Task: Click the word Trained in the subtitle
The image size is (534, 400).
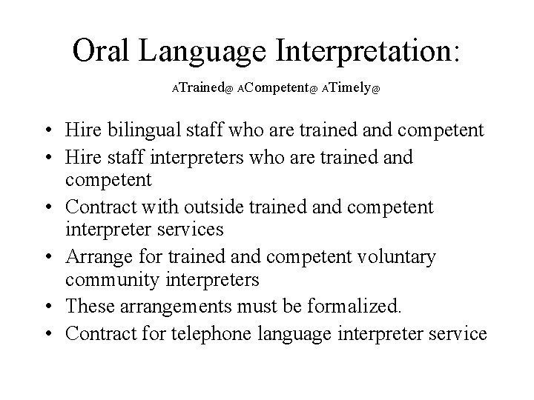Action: [200, 88]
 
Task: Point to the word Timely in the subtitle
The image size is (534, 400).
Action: [349, 88]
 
